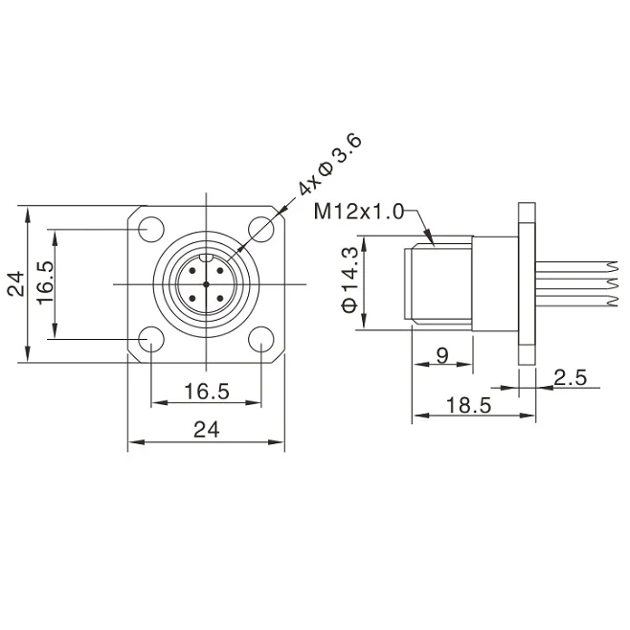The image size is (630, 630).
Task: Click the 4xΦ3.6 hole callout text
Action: (x=328, y=169)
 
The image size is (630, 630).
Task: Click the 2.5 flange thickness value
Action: (x=570, y=379)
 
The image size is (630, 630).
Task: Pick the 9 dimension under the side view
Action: (x=442, y=355)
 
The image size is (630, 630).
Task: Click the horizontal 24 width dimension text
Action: (x=206, y=430)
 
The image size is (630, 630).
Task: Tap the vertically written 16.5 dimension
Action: (x=45, y=283)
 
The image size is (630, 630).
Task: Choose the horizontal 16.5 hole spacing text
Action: (x=206, y=391)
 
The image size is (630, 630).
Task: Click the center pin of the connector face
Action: (x=206, y=284)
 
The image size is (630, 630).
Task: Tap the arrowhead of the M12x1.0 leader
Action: (x=432, y=241)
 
